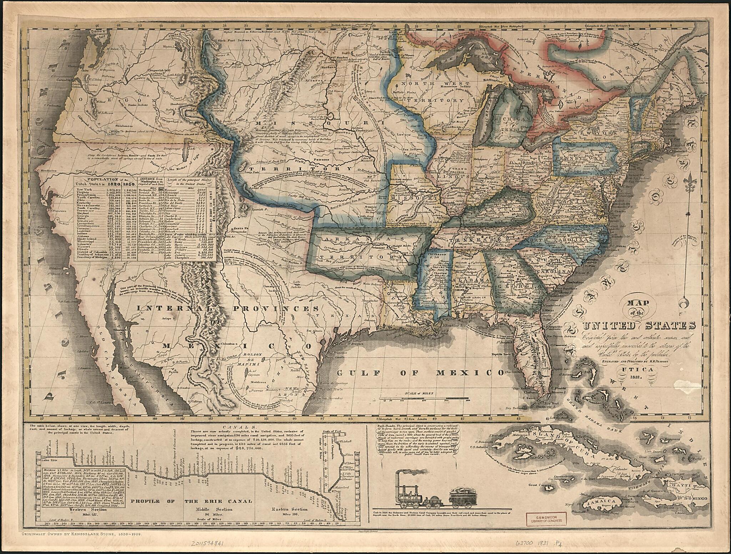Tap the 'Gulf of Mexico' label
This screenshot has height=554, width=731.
click(x=420, y=373)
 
